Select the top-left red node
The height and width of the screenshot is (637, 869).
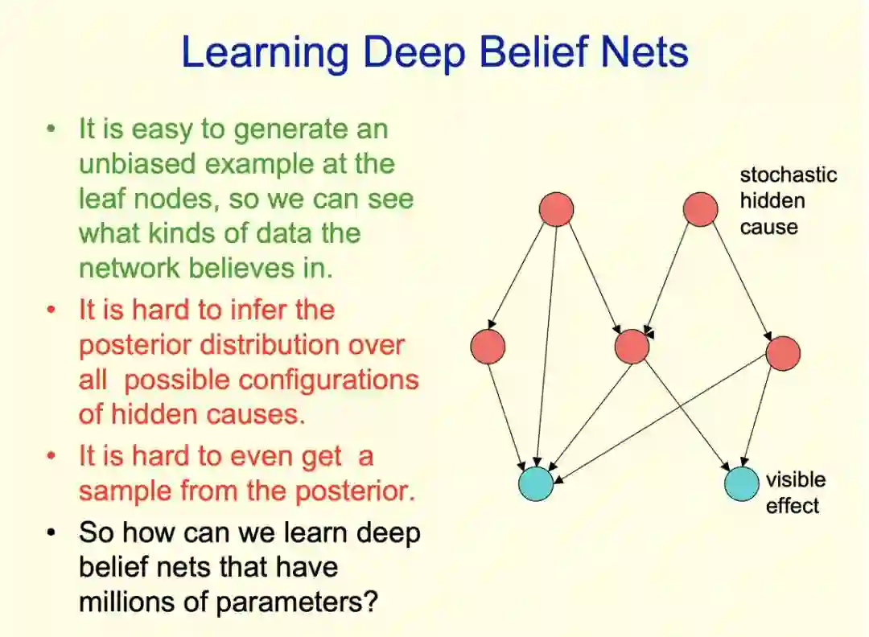(556, 209)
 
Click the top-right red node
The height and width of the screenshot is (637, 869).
(700, 209)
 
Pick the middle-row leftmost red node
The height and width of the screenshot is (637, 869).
(488, 347)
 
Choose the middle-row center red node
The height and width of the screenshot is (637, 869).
(631, 347)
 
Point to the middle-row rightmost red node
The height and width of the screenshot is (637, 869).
(783, 354)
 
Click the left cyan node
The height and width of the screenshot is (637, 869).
(536, 483)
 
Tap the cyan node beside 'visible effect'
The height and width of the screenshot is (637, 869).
(741, 483)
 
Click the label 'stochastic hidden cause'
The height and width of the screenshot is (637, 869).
(788, 201)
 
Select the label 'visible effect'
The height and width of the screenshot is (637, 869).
(795, 492)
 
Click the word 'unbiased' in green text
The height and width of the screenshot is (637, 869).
(137, 164)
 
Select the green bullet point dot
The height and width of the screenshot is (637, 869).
(52, 129)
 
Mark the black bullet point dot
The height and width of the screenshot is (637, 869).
(52, 532)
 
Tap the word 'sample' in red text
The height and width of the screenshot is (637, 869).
(126, 491)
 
